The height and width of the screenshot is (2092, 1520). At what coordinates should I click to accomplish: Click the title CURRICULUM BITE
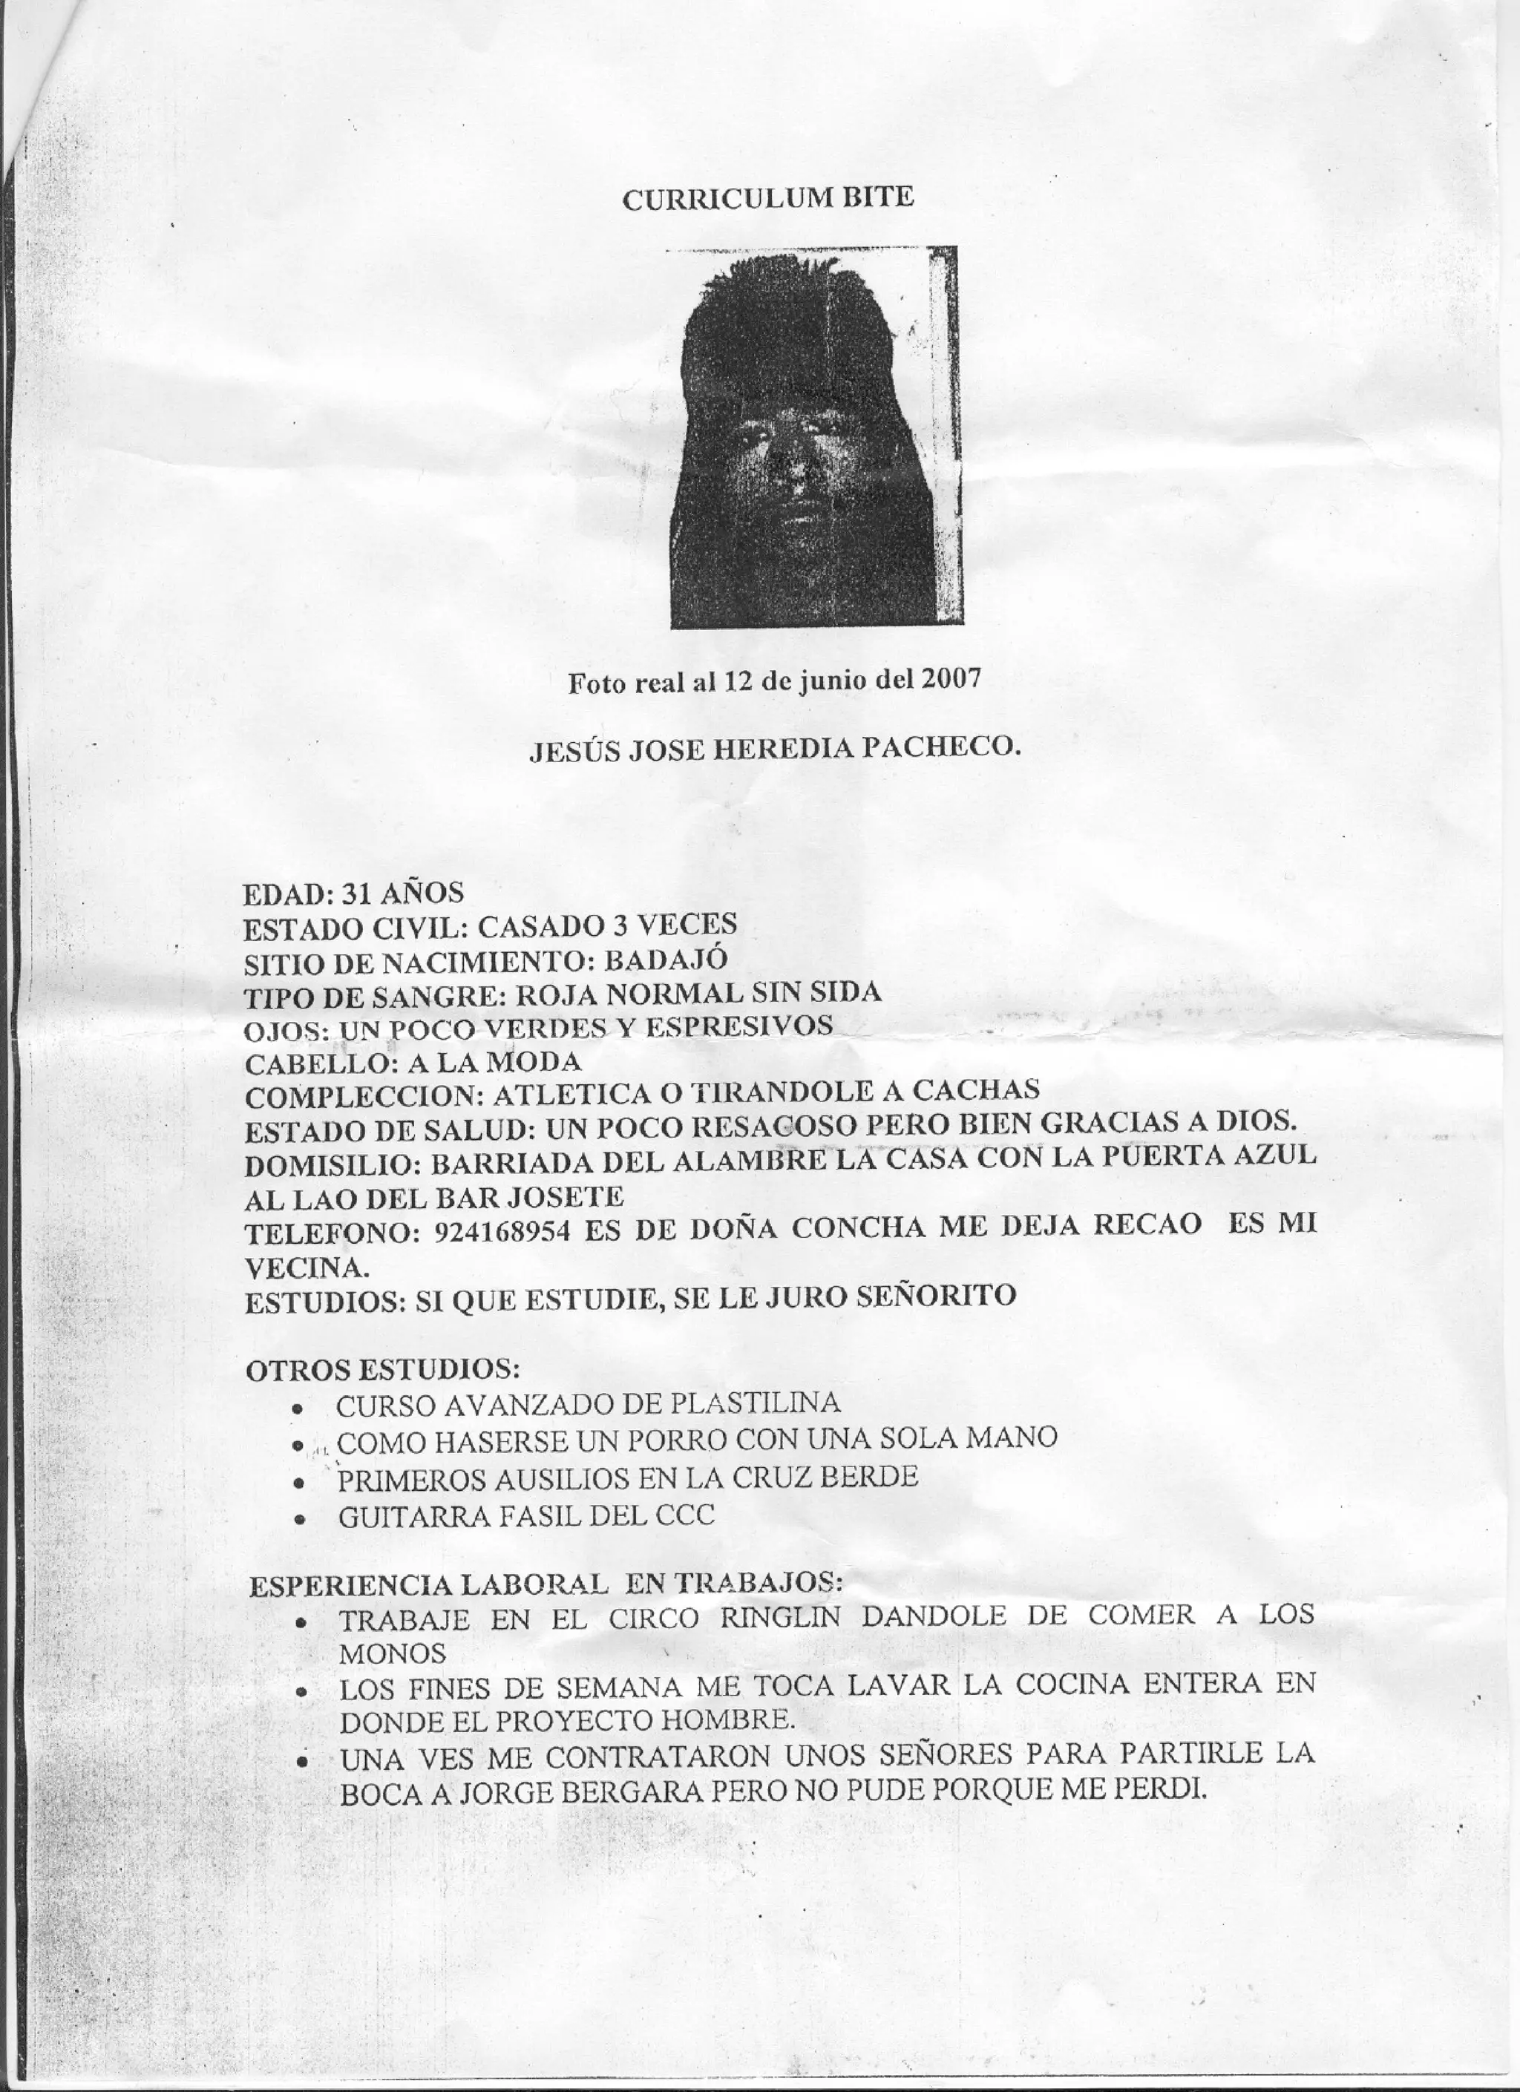[767, 198]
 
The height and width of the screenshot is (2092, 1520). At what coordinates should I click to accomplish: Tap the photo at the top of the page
[816, 437]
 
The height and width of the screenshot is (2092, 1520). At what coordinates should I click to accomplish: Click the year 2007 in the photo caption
[949, 680]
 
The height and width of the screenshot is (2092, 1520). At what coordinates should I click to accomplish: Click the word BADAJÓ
[665, 960]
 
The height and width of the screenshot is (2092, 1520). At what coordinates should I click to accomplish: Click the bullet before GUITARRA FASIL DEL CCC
[298, 1518]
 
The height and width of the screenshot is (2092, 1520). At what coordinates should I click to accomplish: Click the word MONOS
[393, 1653]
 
